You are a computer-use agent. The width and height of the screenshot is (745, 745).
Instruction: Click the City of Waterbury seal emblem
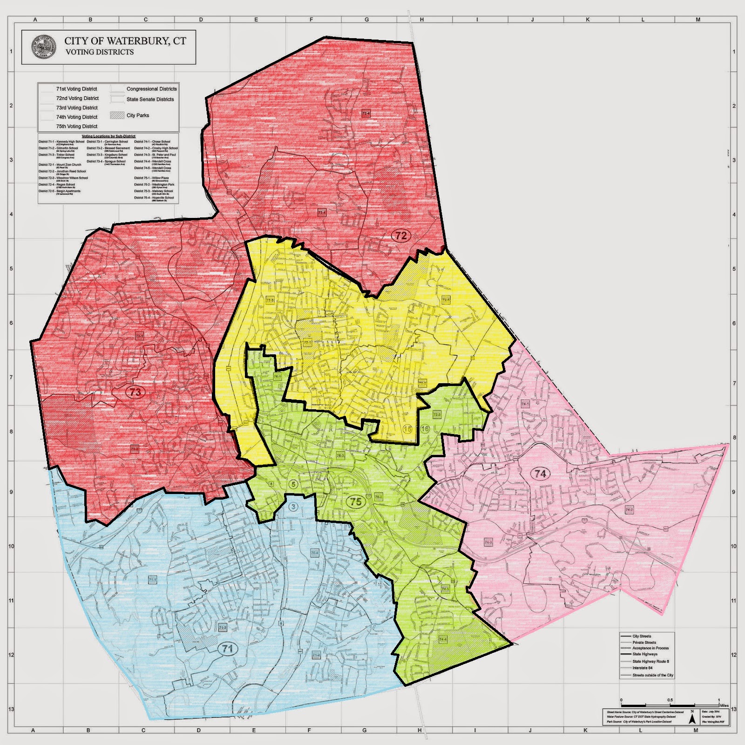(42, 47)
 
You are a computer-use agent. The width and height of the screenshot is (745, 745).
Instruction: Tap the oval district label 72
(400, 236)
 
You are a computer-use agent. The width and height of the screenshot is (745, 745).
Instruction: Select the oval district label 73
(135, 392)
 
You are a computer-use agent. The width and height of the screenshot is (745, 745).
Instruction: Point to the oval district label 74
(540, 474)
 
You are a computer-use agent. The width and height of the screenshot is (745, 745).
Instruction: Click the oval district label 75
(356, 502)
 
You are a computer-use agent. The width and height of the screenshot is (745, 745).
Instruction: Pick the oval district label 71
(227, 649)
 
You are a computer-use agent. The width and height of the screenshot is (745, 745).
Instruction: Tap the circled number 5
(293, 484)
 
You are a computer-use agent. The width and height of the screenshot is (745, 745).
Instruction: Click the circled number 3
(293, 507)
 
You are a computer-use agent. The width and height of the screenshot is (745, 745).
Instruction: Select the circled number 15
(408, 429)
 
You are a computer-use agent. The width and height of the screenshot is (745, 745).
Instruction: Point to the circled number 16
(425, 429)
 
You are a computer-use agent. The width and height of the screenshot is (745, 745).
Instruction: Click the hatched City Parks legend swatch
(117, 115)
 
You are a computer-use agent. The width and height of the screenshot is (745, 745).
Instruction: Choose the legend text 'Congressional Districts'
(151, 88)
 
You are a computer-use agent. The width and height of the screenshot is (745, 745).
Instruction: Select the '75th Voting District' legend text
(77, 126)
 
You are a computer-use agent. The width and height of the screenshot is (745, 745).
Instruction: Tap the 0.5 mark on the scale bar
(670, 700)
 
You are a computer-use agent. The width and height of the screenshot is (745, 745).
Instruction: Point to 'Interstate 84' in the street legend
(642, 668)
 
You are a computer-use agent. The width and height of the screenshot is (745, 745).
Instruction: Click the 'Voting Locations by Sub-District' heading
(108, 136)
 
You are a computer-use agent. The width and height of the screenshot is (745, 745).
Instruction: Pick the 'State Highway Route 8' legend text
(650, 661)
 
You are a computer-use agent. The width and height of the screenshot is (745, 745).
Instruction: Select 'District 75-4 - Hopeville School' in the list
(154, 197)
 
